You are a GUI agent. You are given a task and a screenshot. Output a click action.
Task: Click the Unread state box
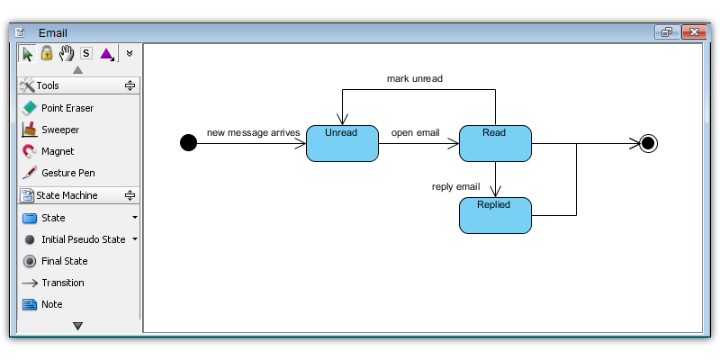tap(342, 143)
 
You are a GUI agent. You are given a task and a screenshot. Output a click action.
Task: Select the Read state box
tap(495, 143)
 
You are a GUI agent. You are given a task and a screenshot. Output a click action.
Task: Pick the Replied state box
tap(495, 215)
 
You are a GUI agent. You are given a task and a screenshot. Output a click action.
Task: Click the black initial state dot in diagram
tap(188, 143)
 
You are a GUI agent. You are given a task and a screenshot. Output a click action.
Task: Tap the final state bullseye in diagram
tap(648, 143)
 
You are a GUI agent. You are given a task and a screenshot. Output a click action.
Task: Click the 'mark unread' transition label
tap(415, 78)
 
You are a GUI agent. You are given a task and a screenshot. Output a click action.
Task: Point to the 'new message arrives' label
tap(253, 132)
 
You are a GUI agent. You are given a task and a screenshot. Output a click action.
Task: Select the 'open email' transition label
tap(415, 132)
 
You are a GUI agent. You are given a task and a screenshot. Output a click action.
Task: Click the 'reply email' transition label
tap(456, 187)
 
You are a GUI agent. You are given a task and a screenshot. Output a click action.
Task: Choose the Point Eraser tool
tap(58, 108)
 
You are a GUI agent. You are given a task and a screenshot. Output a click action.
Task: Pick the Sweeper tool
tap(50, 130)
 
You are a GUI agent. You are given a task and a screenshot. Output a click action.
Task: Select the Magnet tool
tap(49, 151)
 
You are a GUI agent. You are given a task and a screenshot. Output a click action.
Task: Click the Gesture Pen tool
tap(58, 173)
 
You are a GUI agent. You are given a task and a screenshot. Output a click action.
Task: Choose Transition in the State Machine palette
tap(53, 283)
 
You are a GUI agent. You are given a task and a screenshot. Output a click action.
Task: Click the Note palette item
tap(42, 304)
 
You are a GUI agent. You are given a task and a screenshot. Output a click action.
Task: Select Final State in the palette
tap(55, 261)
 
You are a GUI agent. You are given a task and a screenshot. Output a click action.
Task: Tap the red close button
tap(693, 32)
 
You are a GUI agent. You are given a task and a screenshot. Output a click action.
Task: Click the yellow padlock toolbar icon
tap(47, 53)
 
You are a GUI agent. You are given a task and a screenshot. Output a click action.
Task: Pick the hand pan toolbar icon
tap(67, 53)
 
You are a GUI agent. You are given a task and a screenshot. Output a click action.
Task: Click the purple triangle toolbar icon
tap(107, 54)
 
